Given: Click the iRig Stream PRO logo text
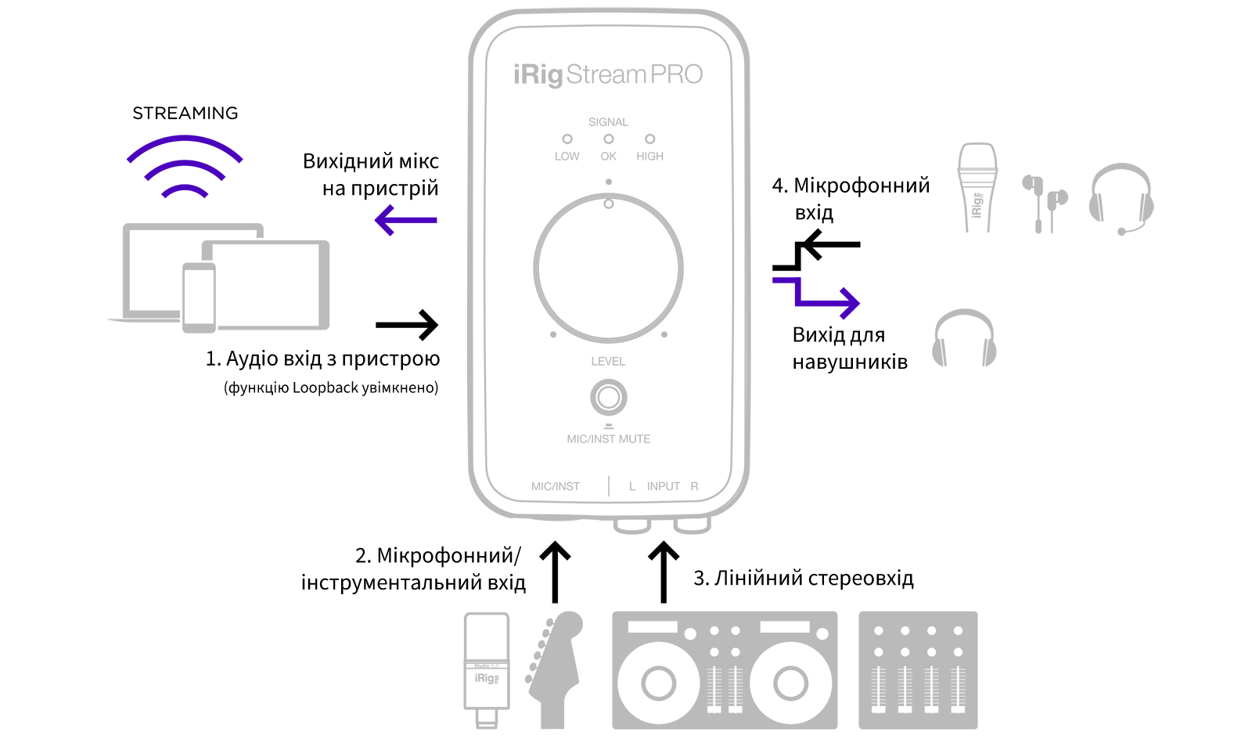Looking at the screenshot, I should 607,74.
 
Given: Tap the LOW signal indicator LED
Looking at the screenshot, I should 567,139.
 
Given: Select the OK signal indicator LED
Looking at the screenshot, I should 608,139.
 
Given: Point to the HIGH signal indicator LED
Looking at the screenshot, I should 649,139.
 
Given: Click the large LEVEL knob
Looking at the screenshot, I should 608,268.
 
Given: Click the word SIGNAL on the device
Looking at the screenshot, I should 608,122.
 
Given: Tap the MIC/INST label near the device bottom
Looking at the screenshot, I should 555,486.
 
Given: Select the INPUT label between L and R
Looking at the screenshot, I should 663,486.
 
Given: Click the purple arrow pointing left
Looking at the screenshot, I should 405,220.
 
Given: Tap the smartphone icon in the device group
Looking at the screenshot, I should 199,297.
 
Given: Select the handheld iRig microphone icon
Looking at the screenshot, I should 977,186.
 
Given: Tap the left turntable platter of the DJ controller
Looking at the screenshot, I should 658,683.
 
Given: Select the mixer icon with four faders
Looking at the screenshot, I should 918,670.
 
